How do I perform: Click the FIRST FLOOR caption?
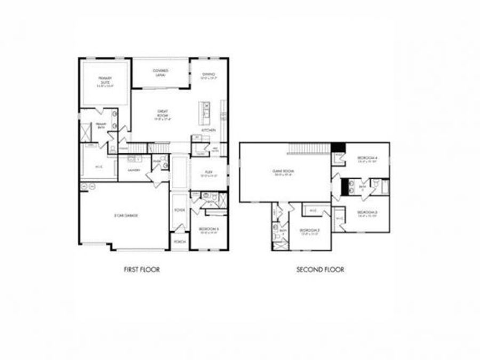[141, 270]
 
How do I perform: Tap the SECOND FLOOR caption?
[320, 270]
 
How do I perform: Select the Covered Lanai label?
[161, 73]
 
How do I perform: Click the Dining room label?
[208, 76]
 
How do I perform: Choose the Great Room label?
[163, 114]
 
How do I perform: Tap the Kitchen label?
[208, 130]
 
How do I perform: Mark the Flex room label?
[209, 173]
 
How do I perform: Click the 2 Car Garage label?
[126, 215]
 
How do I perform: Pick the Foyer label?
[180, 210]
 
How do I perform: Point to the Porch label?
[180, 241]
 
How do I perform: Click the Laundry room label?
[133, 170]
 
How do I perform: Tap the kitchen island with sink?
[206, 109]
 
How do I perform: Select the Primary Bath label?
[101, 126]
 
